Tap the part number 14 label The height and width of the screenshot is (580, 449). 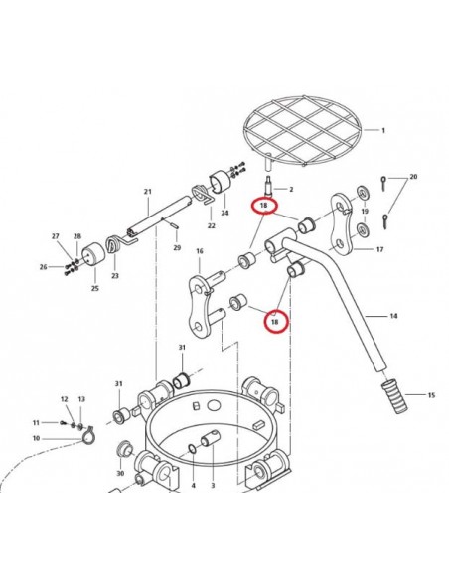393,316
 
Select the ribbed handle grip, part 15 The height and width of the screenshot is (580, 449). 394,397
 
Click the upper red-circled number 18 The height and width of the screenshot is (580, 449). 263,206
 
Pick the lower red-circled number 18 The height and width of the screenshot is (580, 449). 275,322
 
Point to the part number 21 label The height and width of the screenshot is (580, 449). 148,192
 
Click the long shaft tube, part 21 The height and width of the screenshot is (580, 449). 160,217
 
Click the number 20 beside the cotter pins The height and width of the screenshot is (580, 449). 413,177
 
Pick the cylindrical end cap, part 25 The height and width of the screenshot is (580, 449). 93,255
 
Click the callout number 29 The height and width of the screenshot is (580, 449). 177,247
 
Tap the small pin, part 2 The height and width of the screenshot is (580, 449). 269,187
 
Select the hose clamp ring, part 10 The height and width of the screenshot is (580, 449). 88,435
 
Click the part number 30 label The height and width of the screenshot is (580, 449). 120,473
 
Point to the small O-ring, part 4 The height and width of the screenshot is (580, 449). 193,449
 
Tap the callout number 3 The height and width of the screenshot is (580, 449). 213,485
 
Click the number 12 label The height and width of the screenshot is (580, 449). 64,399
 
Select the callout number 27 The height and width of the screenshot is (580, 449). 55,236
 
